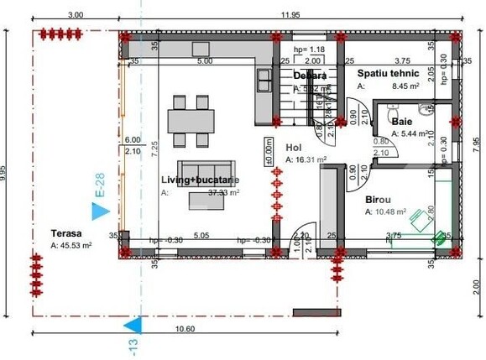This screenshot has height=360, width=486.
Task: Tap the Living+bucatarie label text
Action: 200,180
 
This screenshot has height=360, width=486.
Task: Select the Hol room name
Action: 293,146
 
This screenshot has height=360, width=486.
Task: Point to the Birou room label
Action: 378,200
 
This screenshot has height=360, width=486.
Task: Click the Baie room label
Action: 402,122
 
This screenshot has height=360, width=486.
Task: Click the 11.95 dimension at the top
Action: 289,15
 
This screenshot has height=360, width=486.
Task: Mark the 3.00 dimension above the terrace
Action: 76,15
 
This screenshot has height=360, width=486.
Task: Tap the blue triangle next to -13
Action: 131,324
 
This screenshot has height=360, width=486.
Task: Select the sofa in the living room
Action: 200,166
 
